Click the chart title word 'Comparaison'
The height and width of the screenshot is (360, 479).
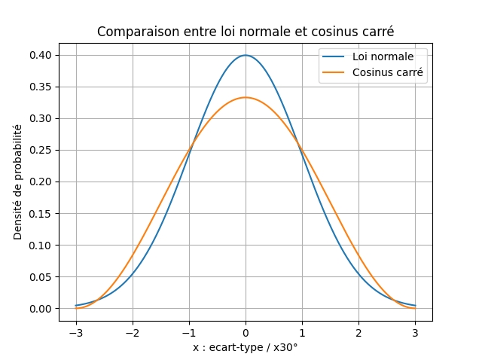(x=132, y=32)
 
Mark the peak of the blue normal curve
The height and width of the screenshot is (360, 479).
(x=246, y=55)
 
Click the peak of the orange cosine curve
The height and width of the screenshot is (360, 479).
(x=246, y=97)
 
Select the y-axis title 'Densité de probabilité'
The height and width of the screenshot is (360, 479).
(x=18, y=182)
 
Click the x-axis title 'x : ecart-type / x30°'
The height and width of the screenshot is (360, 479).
(x=246, y=347)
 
